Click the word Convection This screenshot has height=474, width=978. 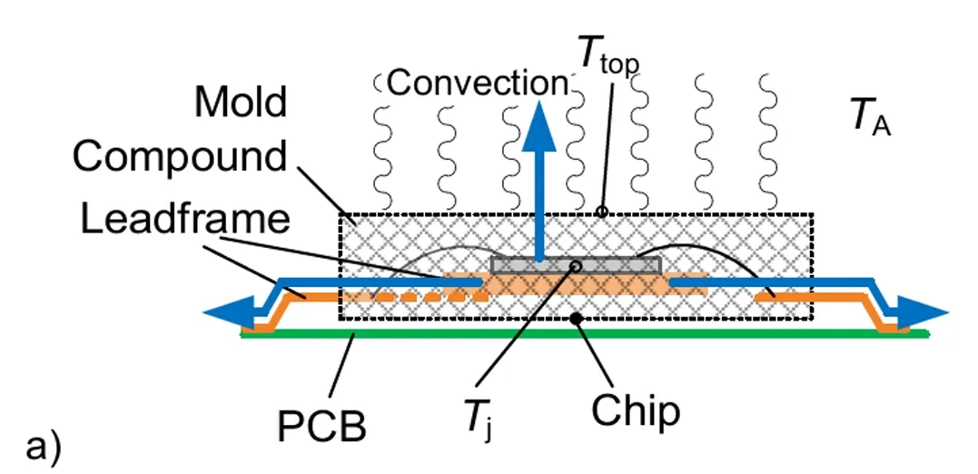[477, 84]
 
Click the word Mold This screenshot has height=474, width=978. [242, 104]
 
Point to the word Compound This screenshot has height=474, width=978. [180, 156]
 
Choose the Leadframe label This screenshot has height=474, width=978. [185, 219]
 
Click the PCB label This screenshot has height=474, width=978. [321, 423]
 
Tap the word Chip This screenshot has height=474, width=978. [636, 411]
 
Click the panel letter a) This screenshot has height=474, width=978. [44, 448]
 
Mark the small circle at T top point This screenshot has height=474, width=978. [600, 212]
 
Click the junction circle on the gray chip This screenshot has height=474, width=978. [575, 265]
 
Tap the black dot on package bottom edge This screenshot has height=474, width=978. [575, 318]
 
